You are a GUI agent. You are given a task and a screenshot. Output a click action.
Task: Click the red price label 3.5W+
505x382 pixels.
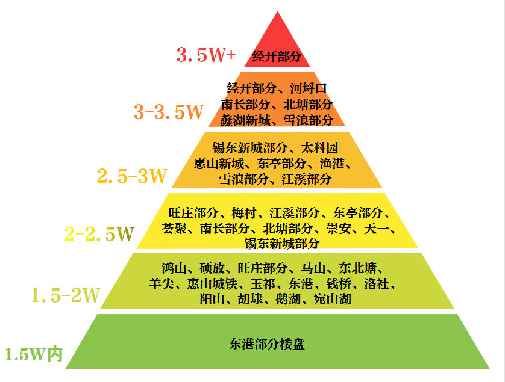pos(206,54)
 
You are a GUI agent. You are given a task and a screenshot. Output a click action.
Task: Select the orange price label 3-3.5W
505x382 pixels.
pos(169,111)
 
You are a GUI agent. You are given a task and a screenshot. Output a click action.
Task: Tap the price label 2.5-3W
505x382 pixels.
pos(132,176)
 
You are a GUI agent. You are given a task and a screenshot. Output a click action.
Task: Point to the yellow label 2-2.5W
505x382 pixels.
pos(99,234)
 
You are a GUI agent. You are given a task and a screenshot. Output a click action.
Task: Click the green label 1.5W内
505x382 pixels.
pos(34,354)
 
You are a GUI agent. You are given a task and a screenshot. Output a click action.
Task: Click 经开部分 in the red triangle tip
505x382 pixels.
pos(277,57)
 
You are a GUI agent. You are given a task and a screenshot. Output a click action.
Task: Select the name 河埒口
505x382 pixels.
pos(309,88)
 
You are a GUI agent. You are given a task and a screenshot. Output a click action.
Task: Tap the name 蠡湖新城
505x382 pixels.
pos(245,120)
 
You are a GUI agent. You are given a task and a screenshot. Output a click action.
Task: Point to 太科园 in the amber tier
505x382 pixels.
pos(319,148)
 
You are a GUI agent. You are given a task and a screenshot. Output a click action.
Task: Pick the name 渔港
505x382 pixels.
pos(332,164)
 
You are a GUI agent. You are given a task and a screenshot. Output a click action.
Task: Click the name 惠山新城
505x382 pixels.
pos(219,164)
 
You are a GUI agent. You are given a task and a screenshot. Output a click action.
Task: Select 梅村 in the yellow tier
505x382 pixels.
pos(244,213)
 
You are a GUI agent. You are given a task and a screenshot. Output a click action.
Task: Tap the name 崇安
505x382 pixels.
pos(339,229)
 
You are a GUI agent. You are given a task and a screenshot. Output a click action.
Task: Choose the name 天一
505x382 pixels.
pos(377,229)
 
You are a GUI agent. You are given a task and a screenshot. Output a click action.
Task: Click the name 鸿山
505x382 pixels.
pos(174,268)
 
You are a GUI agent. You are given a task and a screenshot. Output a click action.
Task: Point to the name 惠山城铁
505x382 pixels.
pos(213,284)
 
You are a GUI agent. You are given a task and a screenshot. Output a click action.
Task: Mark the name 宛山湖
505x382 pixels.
pos(333,300)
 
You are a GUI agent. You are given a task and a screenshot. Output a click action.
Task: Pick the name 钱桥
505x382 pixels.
pos(339,284)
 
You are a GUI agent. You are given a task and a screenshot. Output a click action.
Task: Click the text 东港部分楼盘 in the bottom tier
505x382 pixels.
pos(267,344)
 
